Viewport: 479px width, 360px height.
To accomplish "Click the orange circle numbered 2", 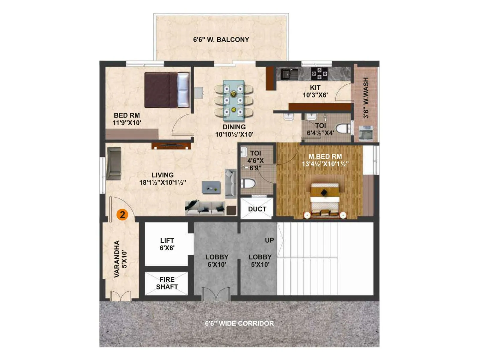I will [x=122, y=214].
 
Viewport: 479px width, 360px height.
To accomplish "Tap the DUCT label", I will [x=257, y=209].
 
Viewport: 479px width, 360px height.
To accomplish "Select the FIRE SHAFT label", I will [x=167, y=283].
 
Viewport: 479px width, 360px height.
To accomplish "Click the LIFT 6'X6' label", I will [x=167, y=244].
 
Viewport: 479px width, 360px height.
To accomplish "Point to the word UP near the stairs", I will [x=269, y=240].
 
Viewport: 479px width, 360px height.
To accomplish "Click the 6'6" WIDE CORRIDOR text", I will [x=239, y=323].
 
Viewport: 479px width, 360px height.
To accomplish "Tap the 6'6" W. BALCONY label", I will [x=221, y=40].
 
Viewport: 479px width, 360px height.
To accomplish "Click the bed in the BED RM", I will [x=167, y=90].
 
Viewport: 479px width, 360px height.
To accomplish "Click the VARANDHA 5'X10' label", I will [x=121, y=259].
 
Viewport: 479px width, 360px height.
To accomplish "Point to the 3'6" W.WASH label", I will [x=366, y=98].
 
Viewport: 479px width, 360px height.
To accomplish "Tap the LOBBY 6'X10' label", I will [x=217, y=261].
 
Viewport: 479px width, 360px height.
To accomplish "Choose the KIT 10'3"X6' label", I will [x=315, y=91].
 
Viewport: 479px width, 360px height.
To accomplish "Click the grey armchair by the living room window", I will [x=114, y=163].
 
